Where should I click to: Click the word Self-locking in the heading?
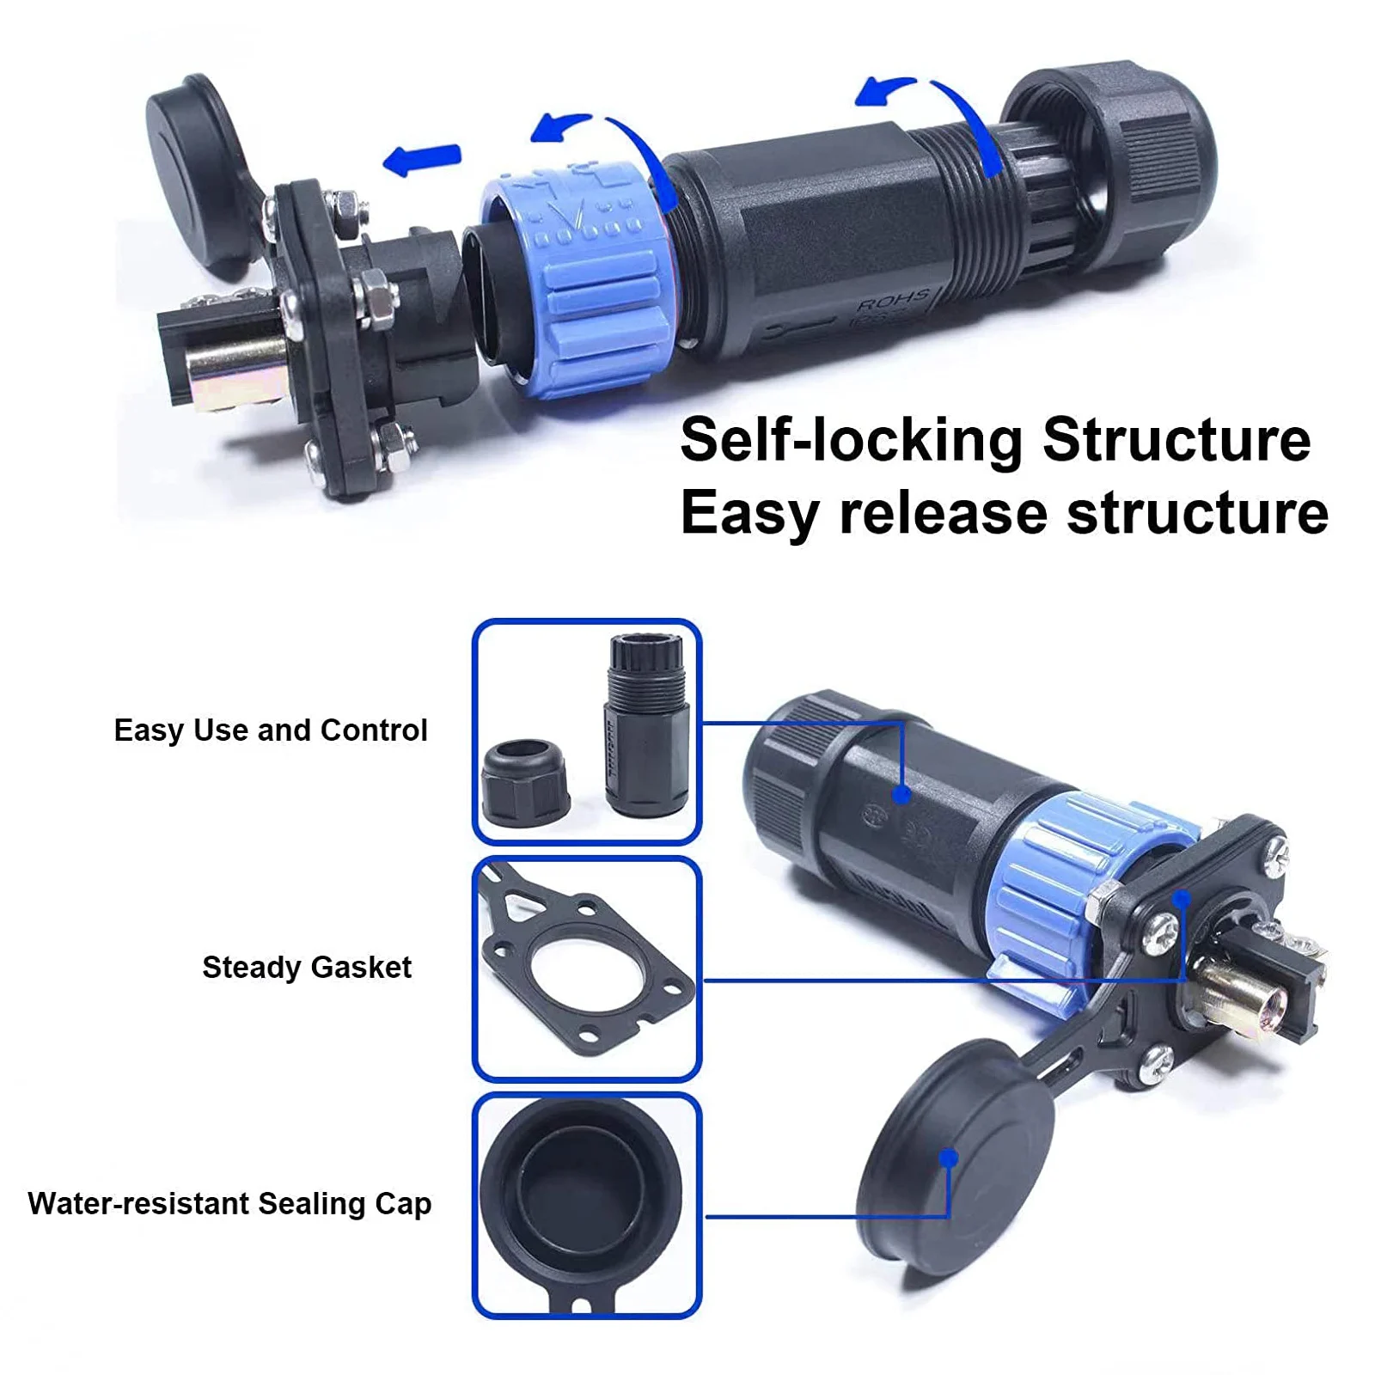click(851, 440)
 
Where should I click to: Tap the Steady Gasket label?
click(307, 968)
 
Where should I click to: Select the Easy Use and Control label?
click(271, 730)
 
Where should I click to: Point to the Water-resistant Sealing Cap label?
click(229, 1204)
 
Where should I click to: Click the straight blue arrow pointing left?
click(422, 159)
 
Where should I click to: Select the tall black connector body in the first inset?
click(647, 724)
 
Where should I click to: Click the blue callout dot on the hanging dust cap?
click(949, 1158)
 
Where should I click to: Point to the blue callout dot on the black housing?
click(901, 795)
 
